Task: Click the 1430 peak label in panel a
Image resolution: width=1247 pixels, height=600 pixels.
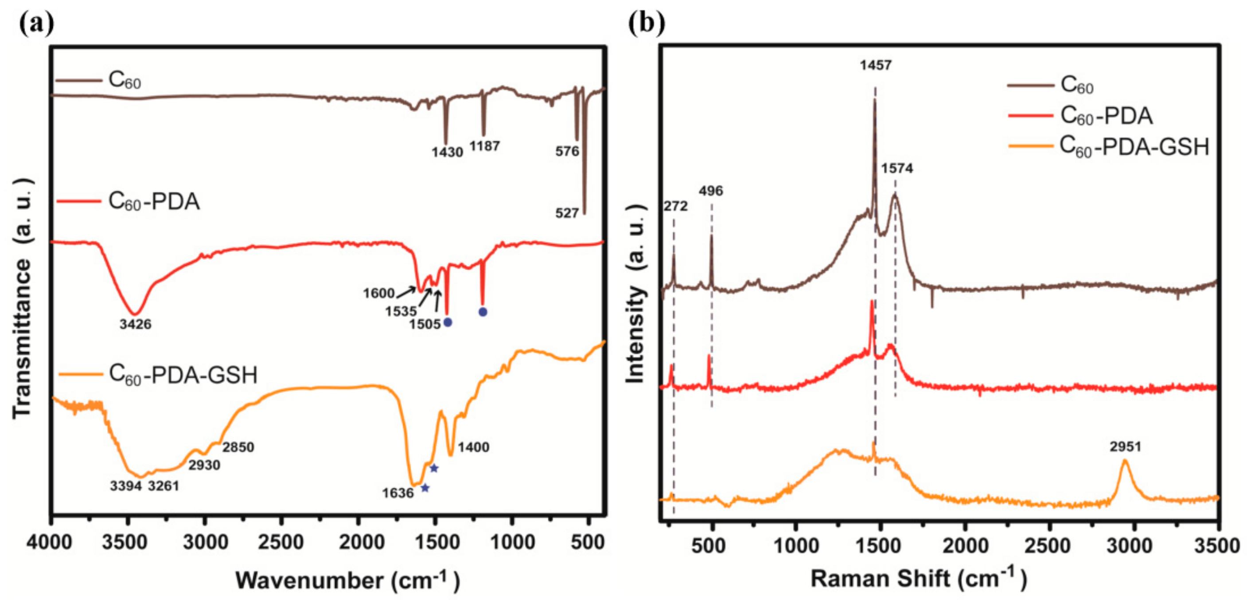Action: point(447,152)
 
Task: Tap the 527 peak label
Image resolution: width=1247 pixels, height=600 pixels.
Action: point(567,213)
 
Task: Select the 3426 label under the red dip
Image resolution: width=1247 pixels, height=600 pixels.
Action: point(136,324)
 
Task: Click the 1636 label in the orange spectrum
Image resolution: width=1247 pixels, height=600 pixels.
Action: point(397,493)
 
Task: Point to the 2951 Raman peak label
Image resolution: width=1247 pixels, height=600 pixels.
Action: point(1126,447)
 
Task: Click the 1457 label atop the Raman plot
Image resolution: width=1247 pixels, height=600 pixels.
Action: point(876,65)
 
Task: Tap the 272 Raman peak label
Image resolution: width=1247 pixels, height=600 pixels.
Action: point(675,206)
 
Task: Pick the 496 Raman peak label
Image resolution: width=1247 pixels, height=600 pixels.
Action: point(711,191)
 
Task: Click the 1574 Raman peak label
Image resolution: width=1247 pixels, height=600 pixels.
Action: point(897,168)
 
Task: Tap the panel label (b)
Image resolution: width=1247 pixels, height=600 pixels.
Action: point(647,22)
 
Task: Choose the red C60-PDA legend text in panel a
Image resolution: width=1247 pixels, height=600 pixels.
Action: point(153,201)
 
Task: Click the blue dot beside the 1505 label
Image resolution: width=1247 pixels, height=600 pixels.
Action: point(448,322)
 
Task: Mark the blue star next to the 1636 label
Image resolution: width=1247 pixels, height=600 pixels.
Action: point(425,488)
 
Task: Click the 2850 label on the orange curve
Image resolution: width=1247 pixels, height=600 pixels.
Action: point(238,447)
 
